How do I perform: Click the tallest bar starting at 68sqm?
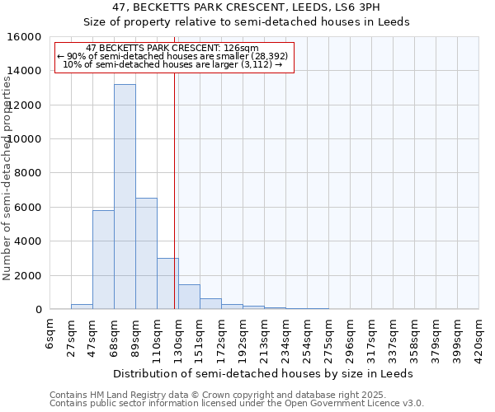pos(125,198)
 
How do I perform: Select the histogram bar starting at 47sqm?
pos(103,260)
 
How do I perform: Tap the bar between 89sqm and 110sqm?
pos(146,254)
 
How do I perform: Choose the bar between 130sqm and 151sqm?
pos(189,297)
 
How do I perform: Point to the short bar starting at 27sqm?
pos(82,307)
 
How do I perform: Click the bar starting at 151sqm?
pos(210,304)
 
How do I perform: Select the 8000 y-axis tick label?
pos(26,173)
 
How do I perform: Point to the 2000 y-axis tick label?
pos(26,275)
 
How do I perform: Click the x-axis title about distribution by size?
pos(262,373)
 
